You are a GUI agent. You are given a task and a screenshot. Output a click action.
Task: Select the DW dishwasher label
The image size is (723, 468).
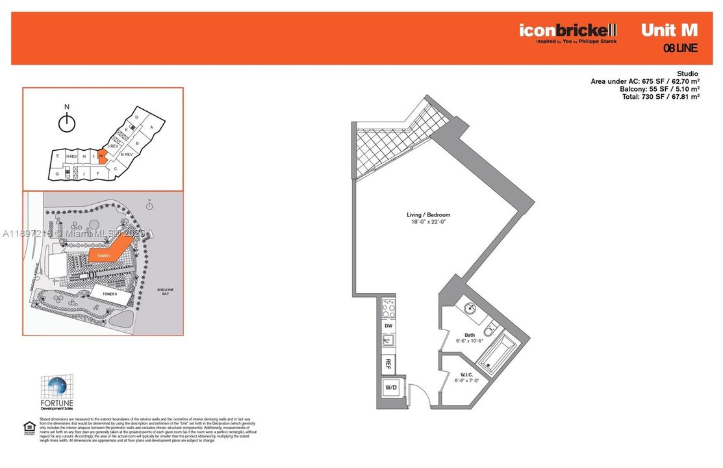pos(388,325)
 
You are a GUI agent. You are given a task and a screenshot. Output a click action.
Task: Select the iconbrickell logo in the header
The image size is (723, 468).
pos(567,31)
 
